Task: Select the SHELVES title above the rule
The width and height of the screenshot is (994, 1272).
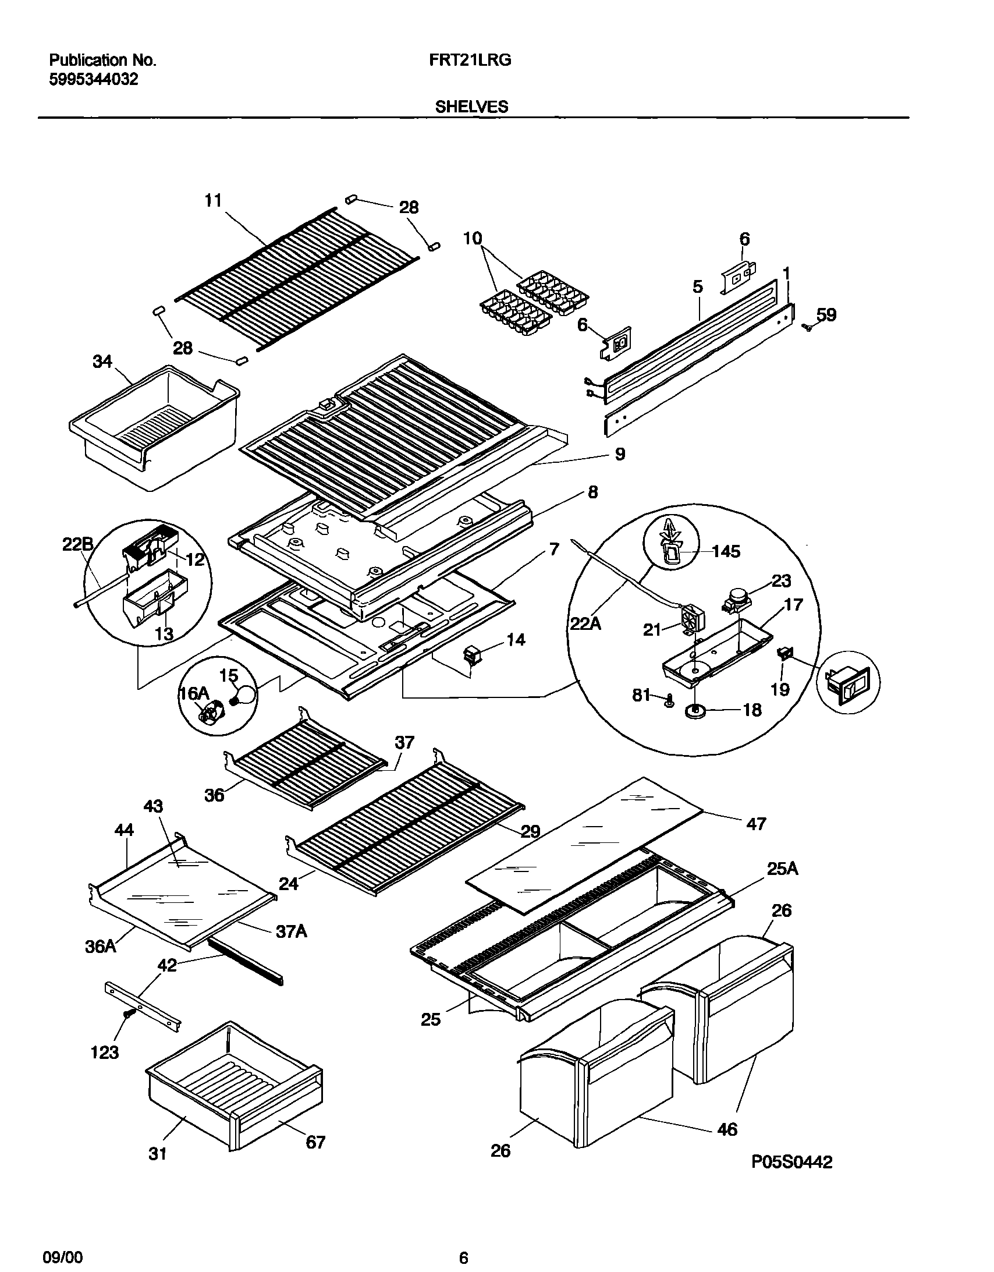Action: [x=471, y=107]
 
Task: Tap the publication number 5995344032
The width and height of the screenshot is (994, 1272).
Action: [x=94, y=79]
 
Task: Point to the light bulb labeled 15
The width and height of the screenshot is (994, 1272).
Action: [x=245, y=696]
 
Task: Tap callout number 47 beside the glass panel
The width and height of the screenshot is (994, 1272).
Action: [x=756, y=824]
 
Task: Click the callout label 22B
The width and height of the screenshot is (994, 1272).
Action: [x=77, y=544]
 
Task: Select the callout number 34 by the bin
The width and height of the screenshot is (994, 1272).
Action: [x=102, y=362]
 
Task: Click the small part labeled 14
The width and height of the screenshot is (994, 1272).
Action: [x=470, y=655]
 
